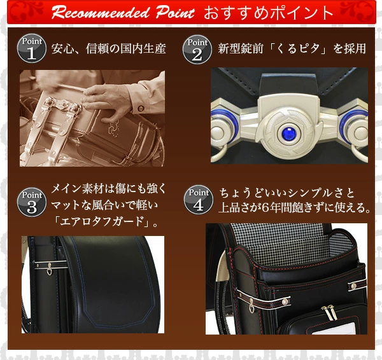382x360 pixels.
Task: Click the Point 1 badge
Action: coord(32,48)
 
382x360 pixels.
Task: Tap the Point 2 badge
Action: coord(197,49)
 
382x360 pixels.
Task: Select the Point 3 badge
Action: coord(32,202)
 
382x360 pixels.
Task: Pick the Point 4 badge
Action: coord(198,200)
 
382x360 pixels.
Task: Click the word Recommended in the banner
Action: coord(101,13)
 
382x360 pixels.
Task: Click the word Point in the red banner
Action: coord(176,13)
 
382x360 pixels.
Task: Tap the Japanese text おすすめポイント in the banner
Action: coord(268,13)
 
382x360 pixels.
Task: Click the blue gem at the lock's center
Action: coord(289,134)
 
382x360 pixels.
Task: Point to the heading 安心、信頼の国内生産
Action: coord(109,48)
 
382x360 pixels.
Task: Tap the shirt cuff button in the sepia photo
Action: coord(141,108)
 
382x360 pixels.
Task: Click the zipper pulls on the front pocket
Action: coord(327,312)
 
